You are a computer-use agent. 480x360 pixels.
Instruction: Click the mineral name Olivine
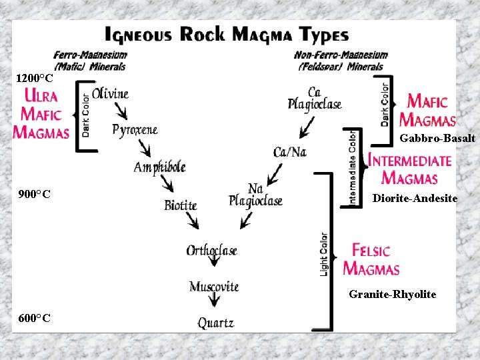pyautogui.click(x=111, y=94)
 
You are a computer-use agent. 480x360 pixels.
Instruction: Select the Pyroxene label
pyautogui.click(x=135, y=130)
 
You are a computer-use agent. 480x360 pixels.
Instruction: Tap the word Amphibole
pyautogui.click(x=159, y=167)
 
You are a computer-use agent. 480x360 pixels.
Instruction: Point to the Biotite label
pyautogui.click(x=181, y=205)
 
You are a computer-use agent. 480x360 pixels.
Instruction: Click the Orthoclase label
pyautogui.click(x=212, y=251)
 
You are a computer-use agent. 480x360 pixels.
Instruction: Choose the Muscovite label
pyautogui.click(x=214, y=287)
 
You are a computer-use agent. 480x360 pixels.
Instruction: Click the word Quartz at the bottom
pyautogui.click(x=216, y=323)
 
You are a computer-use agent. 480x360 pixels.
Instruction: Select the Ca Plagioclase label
pyautogui.click(x=315, y=99)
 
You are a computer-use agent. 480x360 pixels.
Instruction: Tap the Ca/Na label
pyautogui.click(x=290, y=152)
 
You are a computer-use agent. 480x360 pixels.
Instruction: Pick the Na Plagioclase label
pyautogui.click(x=255, y=195)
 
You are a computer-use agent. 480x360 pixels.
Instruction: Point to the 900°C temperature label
pyautogui.click(x=35, y=195)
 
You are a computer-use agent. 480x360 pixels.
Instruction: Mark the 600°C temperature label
pyautogui.click(x=35, y=318)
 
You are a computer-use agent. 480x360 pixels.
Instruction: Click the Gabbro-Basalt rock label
pyautogui.click(x=437, y=139)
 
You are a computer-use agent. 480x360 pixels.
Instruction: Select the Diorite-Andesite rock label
pyautogui.click(x=415, y=198)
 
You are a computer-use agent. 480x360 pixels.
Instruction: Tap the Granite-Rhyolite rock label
pyautogui.click(x=393, y=294)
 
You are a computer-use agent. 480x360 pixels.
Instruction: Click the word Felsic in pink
pyautogui.click(x=371, y=251)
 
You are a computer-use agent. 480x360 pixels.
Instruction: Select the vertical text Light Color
pyautogui.click(x=324, y=253)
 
